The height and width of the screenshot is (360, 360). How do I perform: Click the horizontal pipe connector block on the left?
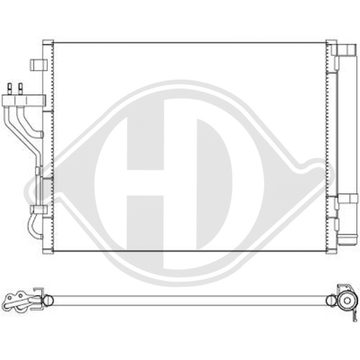pos(19,100)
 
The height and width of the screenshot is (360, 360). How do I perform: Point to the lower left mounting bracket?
pos(38,209)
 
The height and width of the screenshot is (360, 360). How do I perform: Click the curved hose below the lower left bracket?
pos(32,225)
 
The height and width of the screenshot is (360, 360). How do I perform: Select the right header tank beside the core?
pos(331,145)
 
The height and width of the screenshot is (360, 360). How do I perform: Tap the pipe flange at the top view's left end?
pos(20,300)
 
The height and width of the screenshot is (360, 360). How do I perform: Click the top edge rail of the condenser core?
pos(189,43)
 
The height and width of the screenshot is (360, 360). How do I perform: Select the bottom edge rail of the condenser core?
pos(189,251)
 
